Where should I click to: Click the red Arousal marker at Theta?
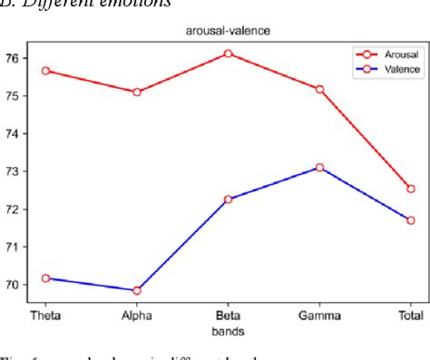[45, 70]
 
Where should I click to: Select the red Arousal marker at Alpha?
[137, 92]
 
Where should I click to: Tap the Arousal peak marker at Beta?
[228, 54]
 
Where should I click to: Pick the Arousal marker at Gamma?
[319, 89]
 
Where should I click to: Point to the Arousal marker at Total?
[410, 189]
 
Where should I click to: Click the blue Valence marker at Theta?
[45, 277]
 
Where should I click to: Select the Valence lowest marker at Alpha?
[137, 290]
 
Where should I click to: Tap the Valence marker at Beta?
[228, 199]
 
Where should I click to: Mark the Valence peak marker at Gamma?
[319, 167]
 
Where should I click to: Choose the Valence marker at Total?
[410, 220]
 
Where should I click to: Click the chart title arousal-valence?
[228, 29]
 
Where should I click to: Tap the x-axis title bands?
[228, 330]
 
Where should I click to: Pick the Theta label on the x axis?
[45, 316]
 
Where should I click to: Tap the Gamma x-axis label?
[319, 316]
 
